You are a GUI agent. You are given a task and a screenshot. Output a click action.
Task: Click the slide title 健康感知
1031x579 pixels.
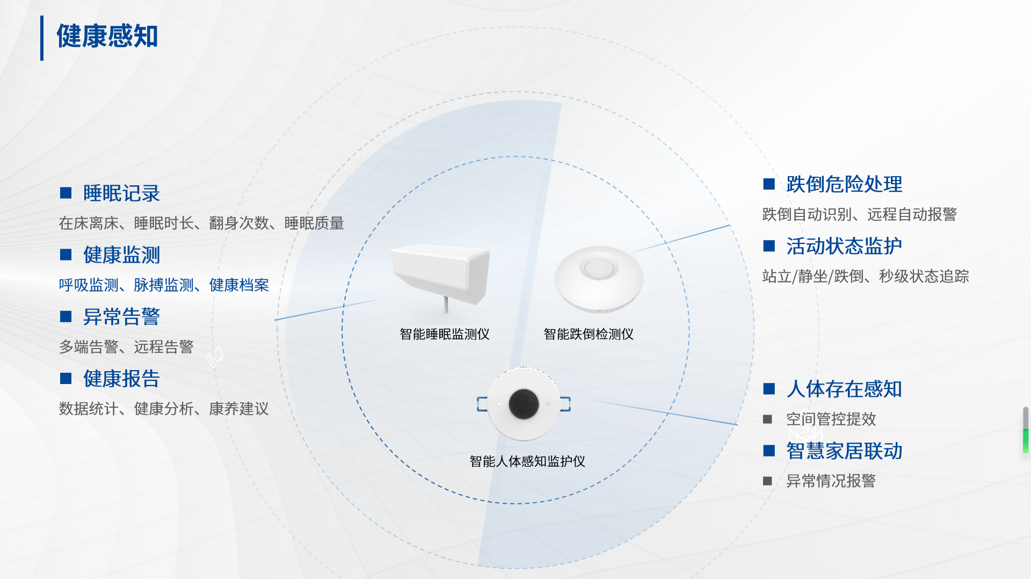pyautogui.click(x=107, y=37)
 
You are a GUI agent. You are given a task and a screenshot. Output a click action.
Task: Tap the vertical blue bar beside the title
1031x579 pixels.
pyautogui.click(x=42, y=38)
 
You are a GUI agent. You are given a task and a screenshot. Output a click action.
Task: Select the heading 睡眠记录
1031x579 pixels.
pyautogui.click(x=121, y=193)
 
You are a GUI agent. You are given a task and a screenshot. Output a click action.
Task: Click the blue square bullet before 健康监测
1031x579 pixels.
pyautogui.click(x=66, y=255)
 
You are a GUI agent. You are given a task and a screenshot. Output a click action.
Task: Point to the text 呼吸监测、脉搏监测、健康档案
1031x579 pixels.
pyautogui.click(x=164, y=285)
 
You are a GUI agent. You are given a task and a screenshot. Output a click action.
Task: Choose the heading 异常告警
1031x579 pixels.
pyautogui.click(x=121, y=317)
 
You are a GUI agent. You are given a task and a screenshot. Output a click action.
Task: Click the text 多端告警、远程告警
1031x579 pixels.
pyautogui.click(x=126, y=347)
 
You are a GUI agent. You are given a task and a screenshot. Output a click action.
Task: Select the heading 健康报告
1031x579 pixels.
pyautogui.click(x=121, y=379)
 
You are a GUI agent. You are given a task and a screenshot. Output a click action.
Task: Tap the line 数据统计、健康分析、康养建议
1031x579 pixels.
pyautogui.click(x=164, y=409)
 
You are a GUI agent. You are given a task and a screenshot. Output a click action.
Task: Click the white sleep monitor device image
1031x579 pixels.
pyautogui.click(x=440, y=274)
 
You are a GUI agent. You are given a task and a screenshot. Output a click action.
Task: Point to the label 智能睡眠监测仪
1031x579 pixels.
pyautogui.click(x=445, y=334)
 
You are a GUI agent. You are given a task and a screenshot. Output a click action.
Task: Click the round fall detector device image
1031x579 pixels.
pyautogui.click(x=599, y=278)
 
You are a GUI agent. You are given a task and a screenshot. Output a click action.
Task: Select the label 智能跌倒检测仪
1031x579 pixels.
pyautogui.click(x=589, y=334)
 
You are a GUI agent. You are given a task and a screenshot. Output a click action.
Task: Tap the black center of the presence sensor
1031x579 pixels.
pyautogui.click(x=524, y=403)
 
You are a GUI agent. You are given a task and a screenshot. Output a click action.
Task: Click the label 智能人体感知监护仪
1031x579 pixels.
pyautogui.click(x=527, y=461)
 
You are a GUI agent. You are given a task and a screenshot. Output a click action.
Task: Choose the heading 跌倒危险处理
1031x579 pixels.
pyautogui.click(x=844, y=184)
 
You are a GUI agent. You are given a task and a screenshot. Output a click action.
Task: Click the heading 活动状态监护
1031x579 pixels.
pyautogui.click(x=844, y=246)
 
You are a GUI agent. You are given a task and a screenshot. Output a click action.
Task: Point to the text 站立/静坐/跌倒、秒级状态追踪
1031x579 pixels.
pyautogui.click(x=866, y=277)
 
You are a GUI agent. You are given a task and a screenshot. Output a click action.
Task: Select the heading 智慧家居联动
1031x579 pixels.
pyautogui.click(x=844, y=451)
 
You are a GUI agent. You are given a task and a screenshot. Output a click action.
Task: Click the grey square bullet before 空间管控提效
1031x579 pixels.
pyautogui.click(x=768, y=419)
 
